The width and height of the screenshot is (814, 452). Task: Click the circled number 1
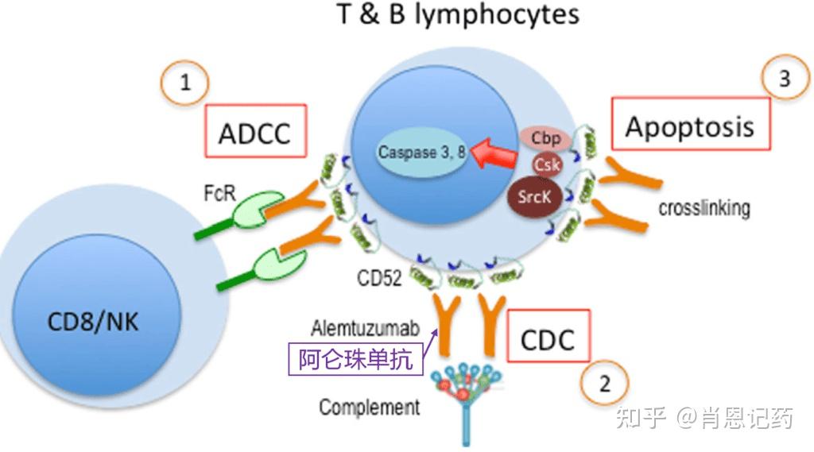click(184, 82)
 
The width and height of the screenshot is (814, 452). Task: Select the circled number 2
click(605, 385)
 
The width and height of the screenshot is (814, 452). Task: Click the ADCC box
click(255, 132)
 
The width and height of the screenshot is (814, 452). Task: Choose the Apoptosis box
click(690, 126)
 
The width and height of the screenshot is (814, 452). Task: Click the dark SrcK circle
click(534, 196)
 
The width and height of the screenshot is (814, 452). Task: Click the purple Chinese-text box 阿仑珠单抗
click(356, 359)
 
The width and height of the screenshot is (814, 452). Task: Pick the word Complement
click(369, 408)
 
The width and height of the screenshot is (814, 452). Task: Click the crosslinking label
click(704, 208)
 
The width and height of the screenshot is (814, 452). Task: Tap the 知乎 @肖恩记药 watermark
click(705, 418)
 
